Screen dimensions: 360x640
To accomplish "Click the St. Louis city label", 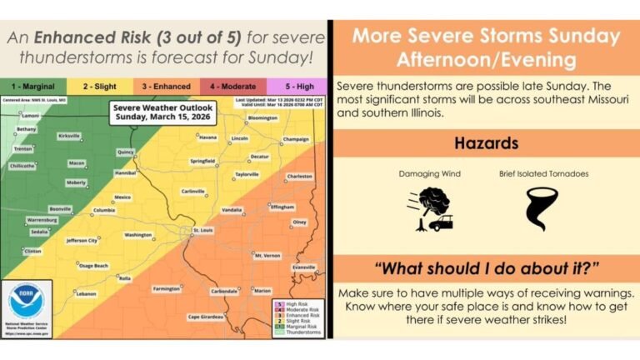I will (203, 230).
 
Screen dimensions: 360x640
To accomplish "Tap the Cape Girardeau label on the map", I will (202, 316).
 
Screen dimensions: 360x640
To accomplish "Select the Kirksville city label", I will (69, 134).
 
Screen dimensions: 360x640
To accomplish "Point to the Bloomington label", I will (262, 118).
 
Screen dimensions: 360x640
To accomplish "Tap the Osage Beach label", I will (93, 266).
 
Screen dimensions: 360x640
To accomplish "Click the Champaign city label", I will (296, 139).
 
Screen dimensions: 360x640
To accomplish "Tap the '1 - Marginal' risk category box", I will (32, 85).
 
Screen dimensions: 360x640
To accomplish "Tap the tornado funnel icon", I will (542, 208).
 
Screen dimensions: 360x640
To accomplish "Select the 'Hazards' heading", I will (486, 142).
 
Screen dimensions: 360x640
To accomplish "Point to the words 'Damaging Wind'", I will (428, 174).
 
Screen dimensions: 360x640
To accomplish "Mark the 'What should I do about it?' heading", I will (486, 268).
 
